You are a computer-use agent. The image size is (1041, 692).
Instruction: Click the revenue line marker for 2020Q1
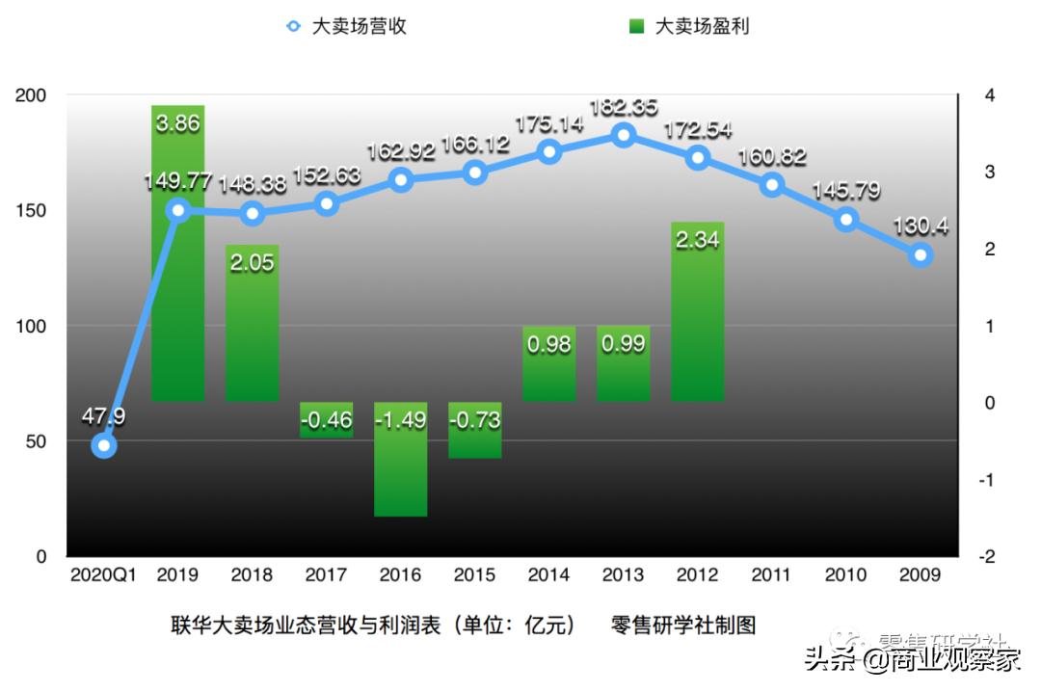click(104, 445)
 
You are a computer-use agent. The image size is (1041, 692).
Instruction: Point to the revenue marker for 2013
click(624, 135)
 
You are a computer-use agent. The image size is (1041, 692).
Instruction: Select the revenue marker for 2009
click(921, 255)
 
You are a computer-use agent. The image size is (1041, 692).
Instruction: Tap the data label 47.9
click(102, 417)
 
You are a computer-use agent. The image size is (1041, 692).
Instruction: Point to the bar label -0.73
click(475, 421)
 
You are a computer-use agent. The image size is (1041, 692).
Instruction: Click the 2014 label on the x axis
click(548, 575)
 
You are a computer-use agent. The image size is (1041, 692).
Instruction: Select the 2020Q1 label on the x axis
click(103, 575)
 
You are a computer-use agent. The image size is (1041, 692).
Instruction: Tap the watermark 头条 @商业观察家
click(912, 659)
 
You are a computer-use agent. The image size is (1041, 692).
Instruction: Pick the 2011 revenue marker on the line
click(772, 185)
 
